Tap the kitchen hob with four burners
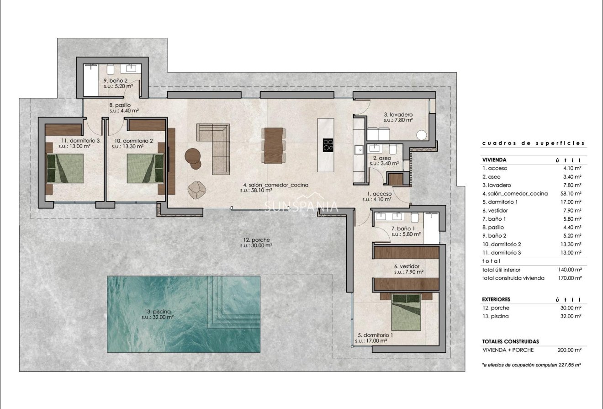point(328,145)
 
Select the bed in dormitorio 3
point(66,168)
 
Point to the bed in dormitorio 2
point(145,168)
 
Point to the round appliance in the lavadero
point(421,135)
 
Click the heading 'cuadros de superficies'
point(533,143)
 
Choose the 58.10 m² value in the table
point(571,193)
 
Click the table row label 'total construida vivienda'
point(513,278)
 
